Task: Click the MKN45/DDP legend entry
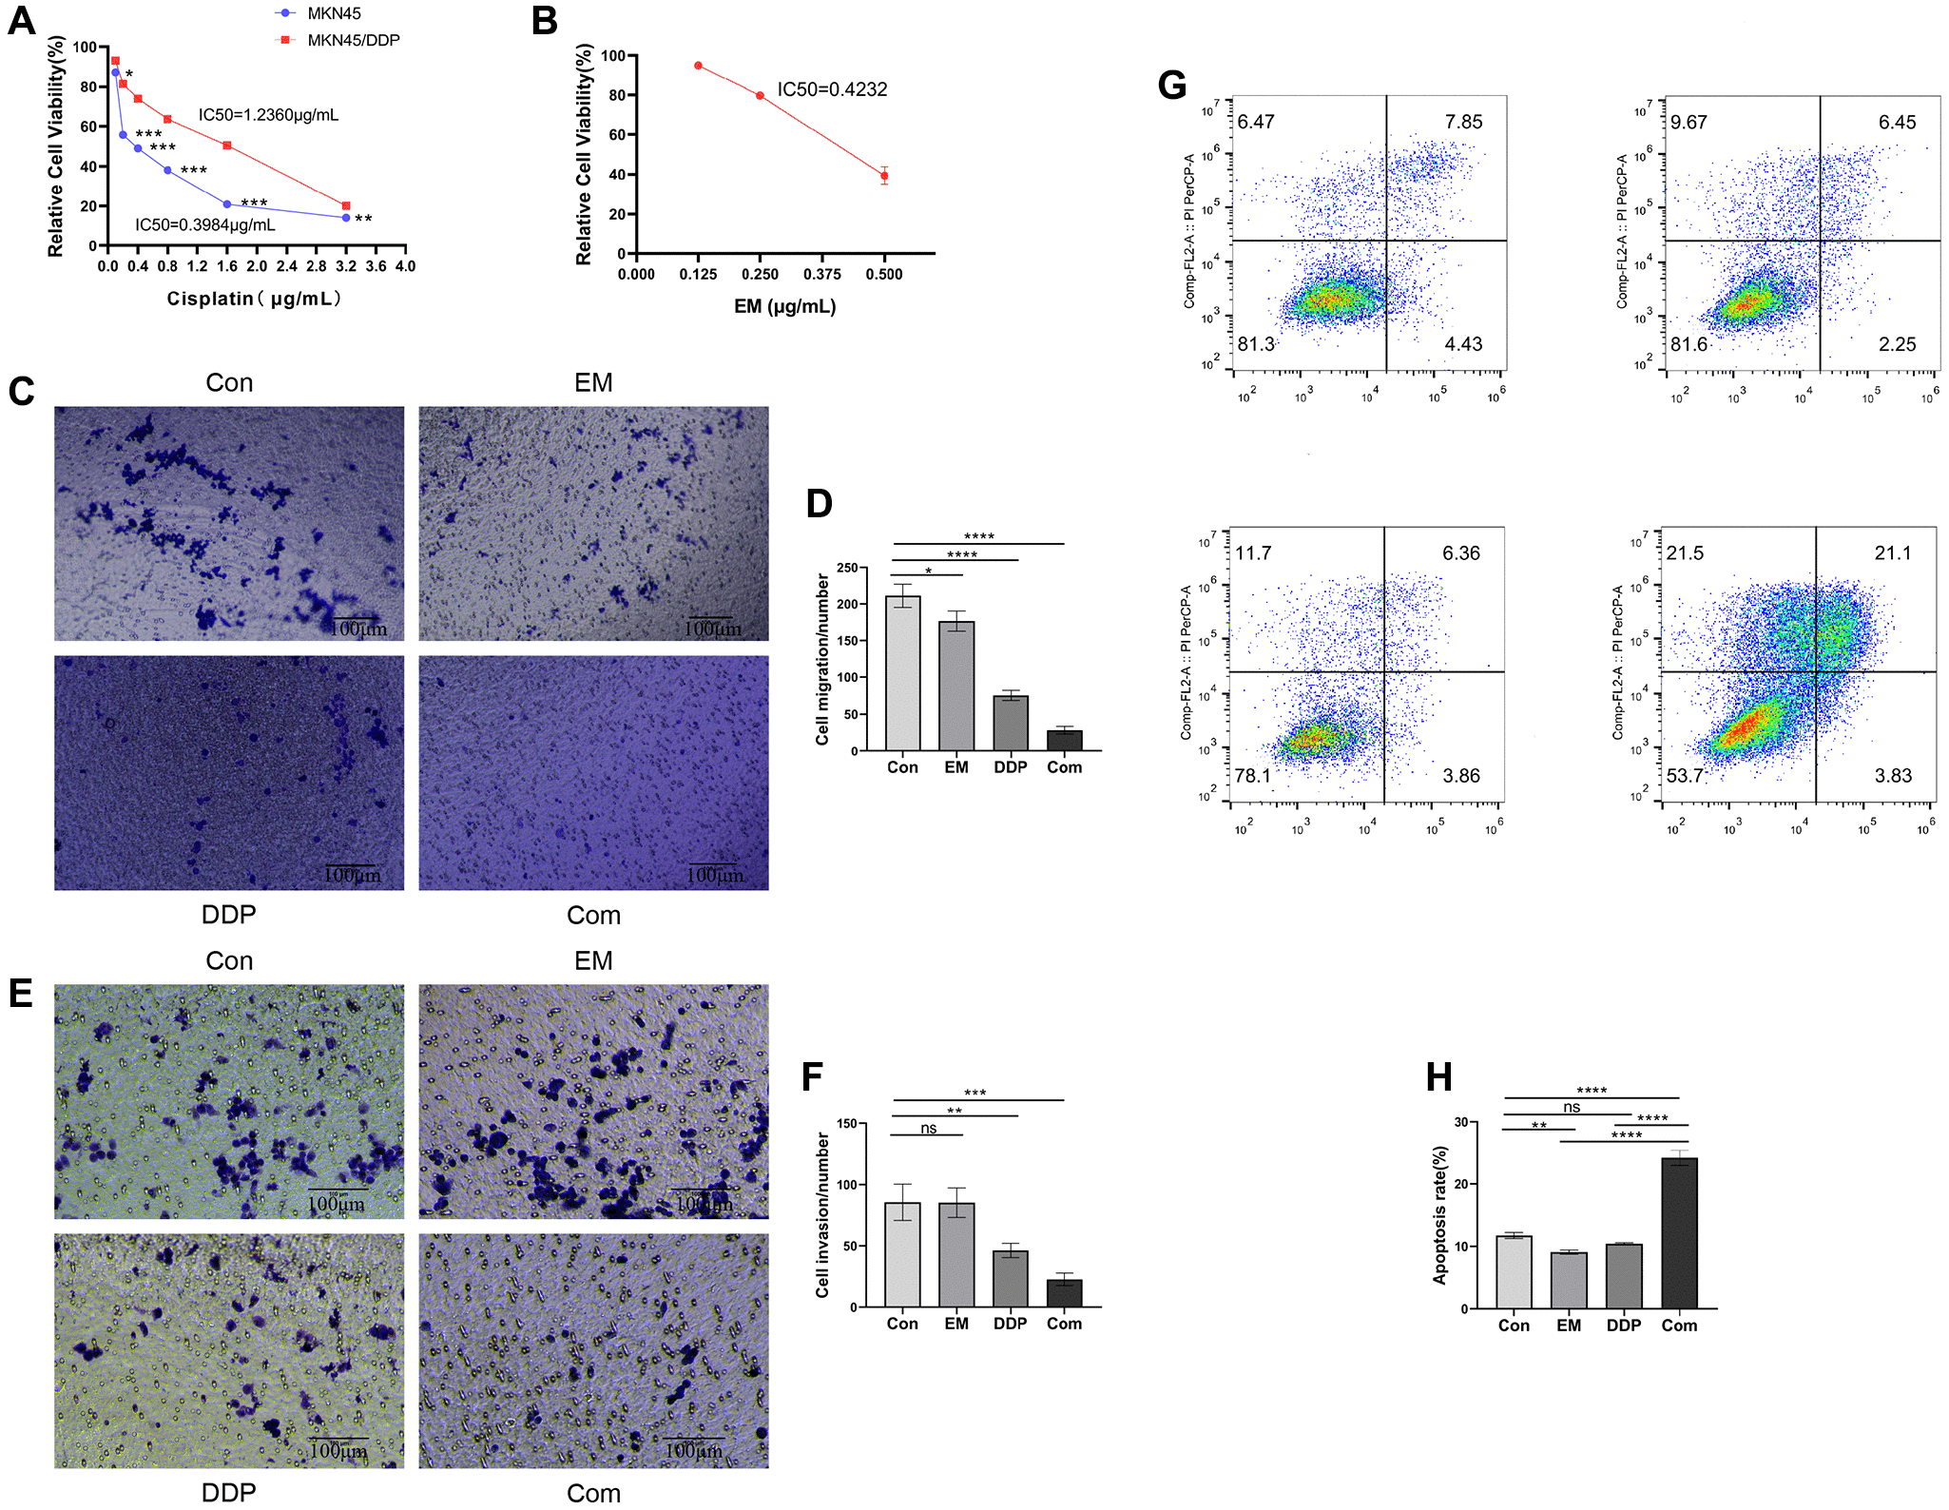pos(353,40)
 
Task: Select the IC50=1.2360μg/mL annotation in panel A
pos(268,115)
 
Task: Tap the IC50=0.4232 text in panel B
pos(832,89)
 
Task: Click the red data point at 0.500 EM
pos(884,176)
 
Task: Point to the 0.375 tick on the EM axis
pos(821,274)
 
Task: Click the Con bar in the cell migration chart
pos(902,673)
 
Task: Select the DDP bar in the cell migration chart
pos(1011,723)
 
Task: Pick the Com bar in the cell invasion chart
pos(1065,1293)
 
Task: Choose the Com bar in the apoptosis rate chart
pos(1679,1232)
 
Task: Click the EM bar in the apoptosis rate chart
pos(1569,1280)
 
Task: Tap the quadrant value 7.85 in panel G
pos(1463,122)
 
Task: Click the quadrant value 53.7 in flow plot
pos(1685,775)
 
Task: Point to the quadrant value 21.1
pos(1892,552)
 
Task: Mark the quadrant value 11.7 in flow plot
pos(1253,552)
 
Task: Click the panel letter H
pos(1439,1077)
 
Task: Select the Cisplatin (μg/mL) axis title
pos(254,299)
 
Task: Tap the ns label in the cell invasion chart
pos(928,1128)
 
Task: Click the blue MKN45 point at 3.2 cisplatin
pos(346,218)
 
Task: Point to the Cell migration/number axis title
pos(822,658)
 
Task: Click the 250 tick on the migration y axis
pos(846,568)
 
